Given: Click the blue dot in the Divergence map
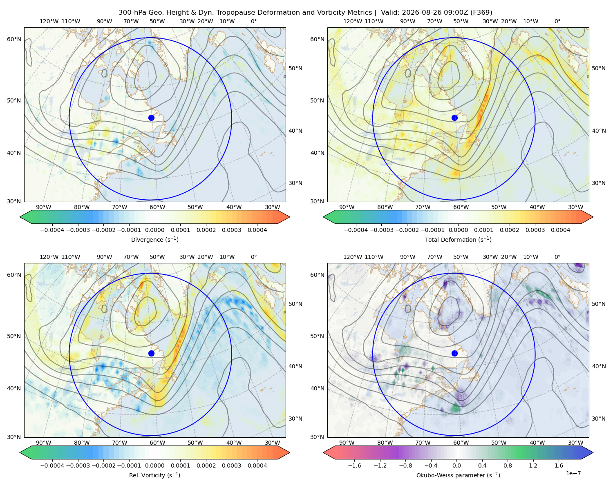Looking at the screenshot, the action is coord(151,118).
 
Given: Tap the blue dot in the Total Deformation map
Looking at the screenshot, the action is coord(454,118).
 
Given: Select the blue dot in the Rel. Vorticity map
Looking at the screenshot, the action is coord(151,353).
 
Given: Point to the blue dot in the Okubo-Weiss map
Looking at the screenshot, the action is coord(454,353).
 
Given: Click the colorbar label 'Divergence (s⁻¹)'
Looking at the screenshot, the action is coord(154,240).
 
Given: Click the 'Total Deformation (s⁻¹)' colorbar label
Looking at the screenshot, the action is coord(458,240).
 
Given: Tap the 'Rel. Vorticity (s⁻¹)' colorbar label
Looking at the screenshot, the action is coord(154,475).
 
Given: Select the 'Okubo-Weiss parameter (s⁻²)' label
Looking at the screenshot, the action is coord(458,475).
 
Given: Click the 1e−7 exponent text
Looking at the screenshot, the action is coord(573,473).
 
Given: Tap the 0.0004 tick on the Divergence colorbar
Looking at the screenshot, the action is coord(257,230).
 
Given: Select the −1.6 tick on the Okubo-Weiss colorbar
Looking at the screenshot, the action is coord(354,465).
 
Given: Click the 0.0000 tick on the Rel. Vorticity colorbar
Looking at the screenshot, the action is coord(154,465).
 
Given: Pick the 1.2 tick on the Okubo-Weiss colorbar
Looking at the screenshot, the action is coord(533,465).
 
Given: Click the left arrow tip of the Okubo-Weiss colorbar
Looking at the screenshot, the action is coord(323,452).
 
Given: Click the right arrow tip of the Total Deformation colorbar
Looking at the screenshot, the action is coord(593,217).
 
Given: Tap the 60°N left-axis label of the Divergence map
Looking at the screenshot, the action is coord(14,39).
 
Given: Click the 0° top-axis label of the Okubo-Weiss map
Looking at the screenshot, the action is coord(557,257).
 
